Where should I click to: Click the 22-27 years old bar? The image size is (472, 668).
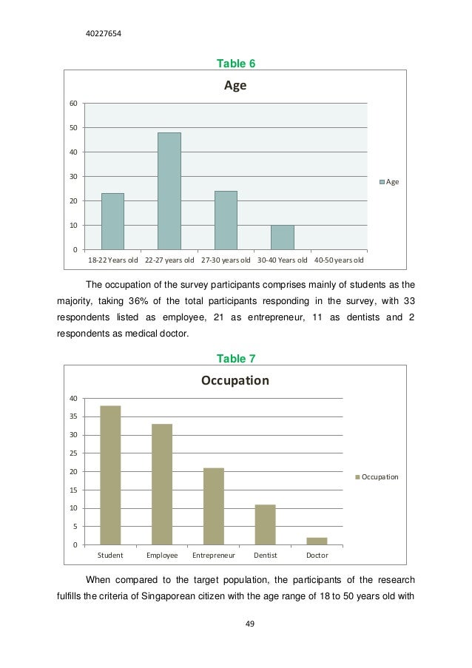pos(169,191)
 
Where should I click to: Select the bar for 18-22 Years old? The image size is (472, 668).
pos(112,221)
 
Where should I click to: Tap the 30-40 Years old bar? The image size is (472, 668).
pos(282,237)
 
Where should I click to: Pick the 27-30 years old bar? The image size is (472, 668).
pos(226,220)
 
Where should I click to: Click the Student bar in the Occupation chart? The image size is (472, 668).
pos(110,475)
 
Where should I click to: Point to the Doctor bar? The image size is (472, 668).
pos(317,541)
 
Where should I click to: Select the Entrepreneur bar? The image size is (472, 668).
pos(214,506)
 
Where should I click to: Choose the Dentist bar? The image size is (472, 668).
pos(265,524)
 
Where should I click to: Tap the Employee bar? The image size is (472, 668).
pos(162,484)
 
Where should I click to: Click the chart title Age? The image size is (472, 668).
pos(235,86)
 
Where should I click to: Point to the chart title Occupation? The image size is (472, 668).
pos(235,381)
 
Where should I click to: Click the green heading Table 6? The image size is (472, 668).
pos(235,64)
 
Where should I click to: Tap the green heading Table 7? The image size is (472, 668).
pos(235,359)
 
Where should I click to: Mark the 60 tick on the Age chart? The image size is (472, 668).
pos(73,103)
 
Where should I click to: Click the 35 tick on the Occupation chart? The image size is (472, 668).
pos(73,416)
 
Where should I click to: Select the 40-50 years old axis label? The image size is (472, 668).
pos(339,260)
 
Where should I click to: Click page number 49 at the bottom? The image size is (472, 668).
pos(249,624)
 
